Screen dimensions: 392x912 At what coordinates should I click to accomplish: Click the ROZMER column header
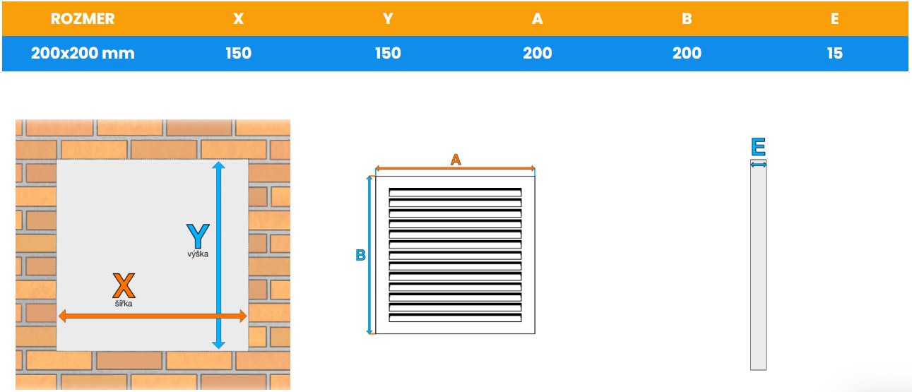point(83,19)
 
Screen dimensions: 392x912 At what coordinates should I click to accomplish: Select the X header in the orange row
point(238,19)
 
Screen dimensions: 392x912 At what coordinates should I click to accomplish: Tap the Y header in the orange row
point(387,19)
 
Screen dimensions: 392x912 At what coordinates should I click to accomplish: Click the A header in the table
point(538,19)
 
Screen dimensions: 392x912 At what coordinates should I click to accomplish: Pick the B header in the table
point(687,19)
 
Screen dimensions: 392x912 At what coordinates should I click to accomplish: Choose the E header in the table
point(834,19)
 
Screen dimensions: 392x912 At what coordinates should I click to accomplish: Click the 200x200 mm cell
point(83,53)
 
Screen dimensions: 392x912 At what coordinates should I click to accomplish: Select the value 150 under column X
point(238,53)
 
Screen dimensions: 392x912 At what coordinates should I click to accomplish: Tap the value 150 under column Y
point(387,53)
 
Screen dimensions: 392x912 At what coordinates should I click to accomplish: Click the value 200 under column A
point(538,53)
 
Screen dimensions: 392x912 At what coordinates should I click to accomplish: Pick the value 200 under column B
point(687,53)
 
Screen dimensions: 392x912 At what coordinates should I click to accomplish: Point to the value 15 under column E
point(834,53)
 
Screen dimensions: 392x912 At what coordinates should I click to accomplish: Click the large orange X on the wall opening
point(124,285)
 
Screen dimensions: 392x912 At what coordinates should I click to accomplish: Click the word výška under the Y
point(198,254)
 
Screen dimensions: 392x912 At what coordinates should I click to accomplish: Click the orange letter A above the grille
point(456,160)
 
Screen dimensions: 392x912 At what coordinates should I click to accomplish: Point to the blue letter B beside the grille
point(360,255)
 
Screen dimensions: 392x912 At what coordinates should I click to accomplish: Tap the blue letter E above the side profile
point(758,147)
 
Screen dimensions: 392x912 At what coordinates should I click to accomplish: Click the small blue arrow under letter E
point(758,165)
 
